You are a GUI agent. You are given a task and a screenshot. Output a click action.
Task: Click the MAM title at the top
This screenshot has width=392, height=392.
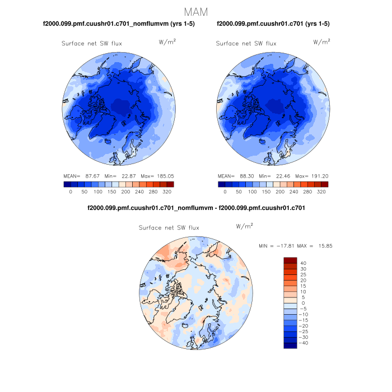click(x=196, y=12)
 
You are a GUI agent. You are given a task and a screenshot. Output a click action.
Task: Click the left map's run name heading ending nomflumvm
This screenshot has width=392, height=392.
click(x=119, y=24)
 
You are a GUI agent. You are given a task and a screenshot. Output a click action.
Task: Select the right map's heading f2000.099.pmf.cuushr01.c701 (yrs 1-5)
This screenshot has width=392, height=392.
click(x=273, y=24)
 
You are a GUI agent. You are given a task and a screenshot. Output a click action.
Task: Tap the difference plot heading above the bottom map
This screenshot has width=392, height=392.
click(x=196, y=208)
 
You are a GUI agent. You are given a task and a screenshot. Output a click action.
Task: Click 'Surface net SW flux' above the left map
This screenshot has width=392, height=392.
click(x=91, y=43)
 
